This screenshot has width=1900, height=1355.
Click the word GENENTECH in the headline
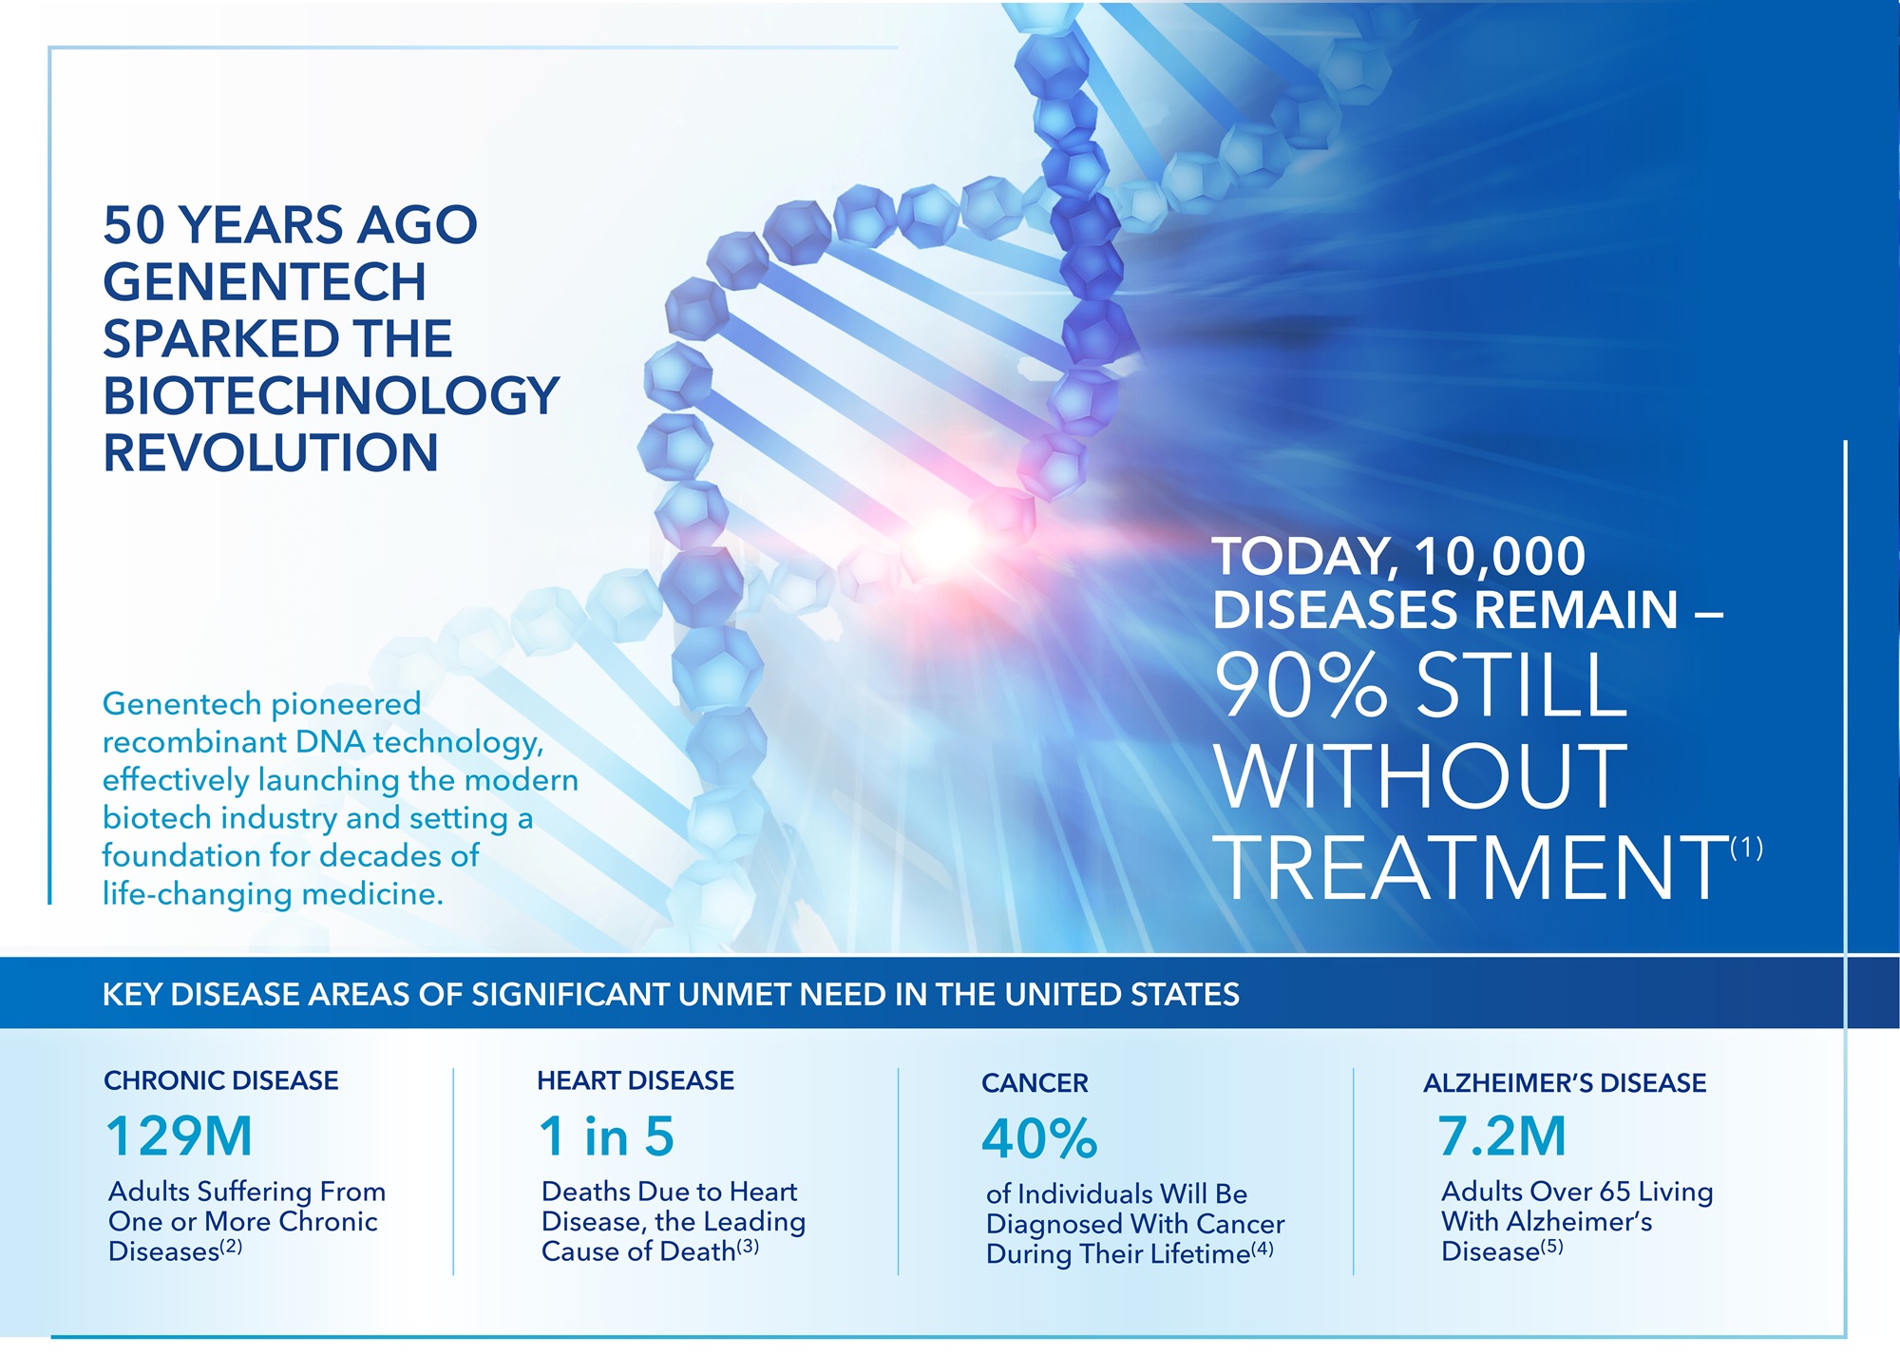click(264, 281)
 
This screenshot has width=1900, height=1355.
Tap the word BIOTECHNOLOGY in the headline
click(331, 395)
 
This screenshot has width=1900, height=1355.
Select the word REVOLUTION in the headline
click(270, 452)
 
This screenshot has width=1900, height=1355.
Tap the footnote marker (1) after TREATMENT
click(1746, 847)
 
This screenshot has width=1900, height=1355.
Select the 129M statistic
click(180, 1136)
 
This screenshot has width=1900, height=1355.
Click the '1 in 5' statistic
click(606, 1136)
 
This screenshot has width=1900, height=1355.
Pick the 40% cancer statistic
click(1039, 1138)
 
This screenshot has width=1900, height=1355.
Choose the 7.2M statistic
click(1502, 1136)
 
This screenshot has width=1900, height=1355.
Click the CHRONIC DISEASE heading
click(220, 1080)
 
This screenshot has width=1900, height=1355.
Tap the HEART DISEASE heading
click(636, 1080)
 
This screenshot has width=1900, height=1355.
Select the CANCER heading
click(1035, 1083)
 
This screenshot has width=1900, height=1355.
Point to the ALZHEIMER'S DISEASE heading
click(1565, 1083)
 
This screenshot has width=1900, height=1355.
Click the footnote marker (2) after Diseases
click(231, 1247)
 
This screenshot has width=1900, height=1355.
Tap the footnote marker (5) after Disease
click(1551, 1247)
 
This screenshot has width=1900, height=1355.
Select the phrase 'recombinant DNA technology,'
click(323, 742)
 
